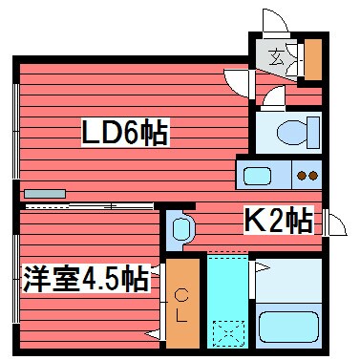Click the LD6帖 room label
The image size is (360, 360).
tap(124, 133)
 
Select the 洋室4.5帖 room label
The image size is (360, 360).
tap(86, 281)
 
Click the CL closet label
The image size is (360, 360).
tap(181, 307)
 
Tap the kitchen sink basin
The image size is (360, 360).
tap(258, 175)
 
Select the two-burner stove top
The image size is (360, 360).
tap(307, 175)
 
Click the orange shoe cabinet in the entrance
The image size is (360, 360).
tap(312, 59)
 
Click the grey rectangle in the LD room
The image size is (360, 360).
tap(46, 194)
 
